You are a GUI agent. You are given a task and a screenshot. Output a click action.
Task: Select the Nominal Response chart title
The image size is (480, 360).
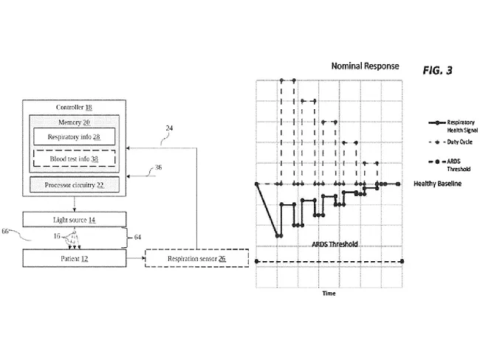point(364,66)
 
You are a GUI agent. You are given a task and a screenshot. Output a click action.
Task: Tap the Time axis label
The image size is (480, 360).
point(329,293)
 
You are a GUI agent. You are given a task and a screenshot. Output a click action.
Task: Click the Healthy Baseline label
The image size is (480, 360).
point(437,183)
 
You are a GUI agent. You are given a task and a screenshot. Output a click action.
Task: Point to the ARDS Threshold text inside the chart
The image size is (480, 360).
point(329,243)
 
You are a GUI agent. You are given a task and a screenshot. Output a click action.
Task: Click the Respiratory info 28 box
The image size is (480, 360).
point(73,137)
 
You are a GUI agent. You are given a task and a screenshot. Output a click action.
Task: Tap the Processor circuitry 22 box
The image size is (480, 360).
point(73,184)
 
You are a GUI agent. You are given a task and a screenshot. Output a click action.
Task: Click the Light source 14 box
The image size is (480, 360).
point(73,219)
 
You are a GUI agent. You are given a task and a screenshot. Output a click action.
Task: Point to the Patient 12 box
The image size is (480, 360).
point(73,258)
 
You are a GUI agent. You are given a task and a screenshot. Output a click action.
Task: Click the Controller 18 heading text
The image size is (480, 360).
point(74,108)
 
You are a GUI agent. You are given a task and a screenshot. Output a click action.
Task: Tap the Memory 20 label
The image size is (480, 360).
point(74,122)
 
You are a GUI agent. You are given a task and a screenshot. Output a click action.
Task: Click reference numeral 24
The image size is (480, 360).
point(169,128)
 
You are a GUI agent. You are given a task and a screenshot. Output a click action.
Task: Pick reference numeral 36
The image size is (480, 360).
point(157,168)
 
